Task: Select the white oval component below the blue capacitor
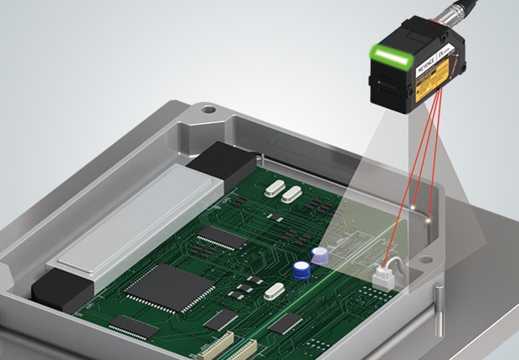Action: pyautogui.click(x=275, y=291)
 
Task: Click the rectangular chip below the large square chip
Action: pyautogui.click(x=134, y=327)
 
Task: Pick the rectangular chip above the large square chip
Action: pyautogui.click(x=223, y=238)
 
